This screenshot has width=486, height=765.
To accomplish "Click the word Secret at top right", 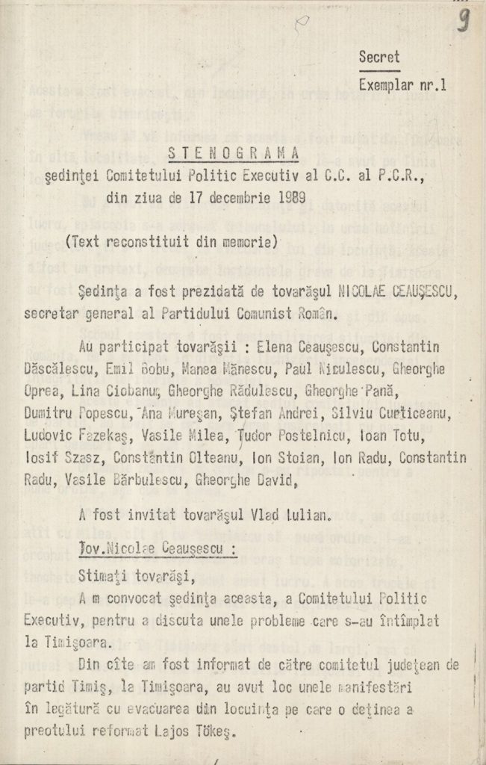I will pos(378,57).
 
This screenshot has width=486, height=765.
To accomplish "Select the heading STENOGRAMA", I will pos(233,153).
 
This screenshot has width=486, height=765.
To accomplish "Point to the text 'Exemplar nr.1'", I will pos(402,85).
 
